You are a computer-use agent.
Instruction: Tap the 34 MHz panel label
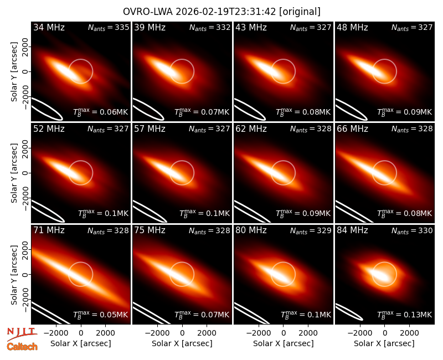[x=49, y=27]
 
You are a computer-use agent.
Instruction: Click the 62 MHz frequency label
[x=251, y=129]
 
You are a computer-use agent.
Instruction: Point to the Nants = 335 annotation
[x=109, y=27]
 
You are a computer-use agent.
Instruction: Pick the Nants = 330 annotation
[x=412, y=230]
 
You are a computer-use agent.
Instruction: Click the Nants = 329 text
[x=311, y=230]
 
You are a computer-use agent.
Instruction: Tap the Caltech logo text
[x=22, y=347]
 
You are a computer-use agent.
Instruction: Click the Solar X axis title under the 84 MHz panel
[x=384, y=343]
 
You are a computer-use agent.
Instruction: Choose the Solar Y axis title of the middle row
[x=14, y=173]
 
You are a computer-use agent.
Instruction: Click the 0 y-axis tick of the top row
[x=25, y=71]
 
